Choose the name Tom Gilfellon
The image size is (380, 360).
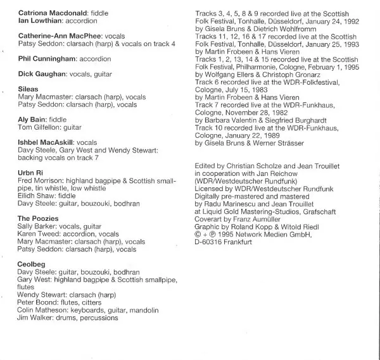39,127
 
